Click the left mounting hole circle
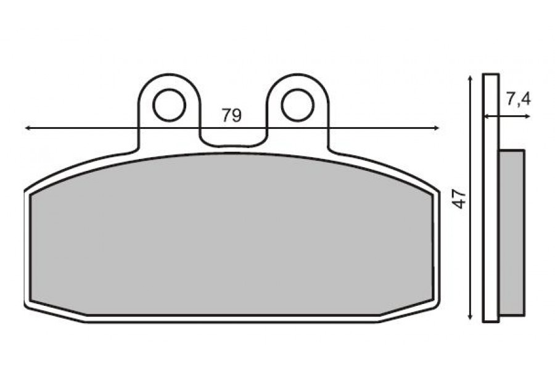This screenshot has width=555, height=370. [x=169, y=105]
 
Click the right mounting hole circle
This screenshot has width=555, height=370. [x=298, y=105]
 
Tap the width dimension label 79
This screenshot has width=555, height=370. [x=231, y=115]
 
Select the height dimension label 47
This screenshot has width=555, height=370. [x=459, y=199]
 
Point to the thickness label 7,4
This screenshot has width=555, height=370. [x=519, y=99]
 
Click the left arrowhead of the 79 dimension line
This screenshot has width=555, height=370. [x=28, y=128]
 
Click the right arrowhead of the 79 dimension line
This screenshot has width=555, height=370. [x=437, y=128]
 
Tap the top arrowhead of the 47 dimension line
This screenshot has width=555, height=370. [x=470, y=78]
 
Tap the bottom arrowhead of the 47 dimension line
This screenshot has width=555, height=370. [x=470, y=317]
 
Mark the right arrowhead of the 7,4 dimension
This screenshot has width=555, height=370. [x=527, y=116]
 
